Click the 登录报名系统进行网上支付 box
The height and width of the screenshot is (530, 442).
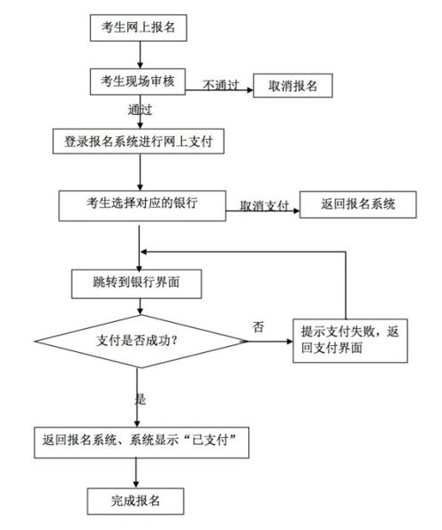[x=138, y=140]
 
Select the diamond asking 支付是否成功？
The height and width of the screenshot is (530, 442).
[x=141, y=338]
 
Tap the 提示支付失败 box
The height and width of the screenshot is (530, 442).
[x=350, y=338]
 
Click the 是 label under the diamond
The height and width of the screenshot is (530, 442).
[x=140, y=399]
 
